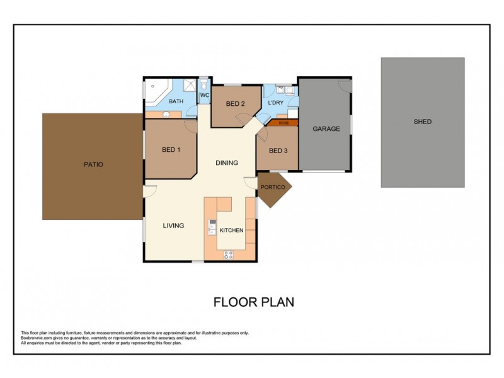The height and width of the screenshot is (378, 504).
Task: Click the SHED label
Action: [x=422, y=122]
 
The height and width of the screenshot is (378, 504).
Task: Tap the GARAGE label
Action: [x=326, y=129]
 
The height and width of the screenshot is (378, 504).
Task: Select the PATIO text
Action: [x=93, y=164]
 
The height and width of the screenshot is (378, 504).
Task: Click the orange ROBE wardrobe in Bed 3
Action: [x=284, y=123]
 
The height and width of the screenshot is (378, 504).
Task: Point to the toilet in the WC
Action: [x=204, y=84]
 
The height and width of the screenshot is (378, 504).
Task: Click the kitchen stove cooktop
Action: [x=228, y=255]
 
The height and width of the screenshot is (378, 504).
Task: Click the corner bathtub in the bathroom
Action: [x=154, y=91]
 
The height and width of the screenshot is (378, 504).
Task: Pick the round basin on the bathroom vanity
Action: [x=166, y=115]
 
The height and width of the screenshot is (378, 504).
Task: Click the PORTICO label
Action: [x=273, y=187]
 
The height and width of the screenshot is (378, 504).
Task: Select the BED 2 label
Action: [x=235, y=104]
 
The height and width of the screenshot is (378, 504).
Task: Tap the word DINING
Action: [x=227, y=163]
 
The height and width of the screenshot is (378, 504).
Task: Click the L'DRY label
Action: [x=275, y=103]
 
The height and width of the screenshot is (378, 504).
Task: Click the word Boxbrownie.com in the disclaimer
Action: [x=35, y=338]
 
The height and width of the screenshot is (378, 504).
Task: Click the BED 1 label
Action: [x=171, y=150]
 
